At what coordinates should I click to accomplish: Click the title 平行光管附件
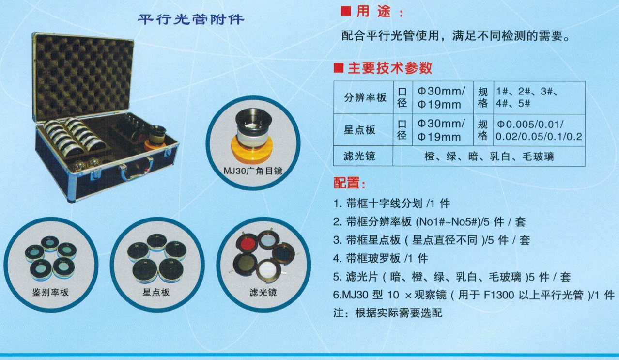[x=191, y=19]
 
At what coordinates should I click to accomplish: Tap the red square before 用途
[x=346, y=11]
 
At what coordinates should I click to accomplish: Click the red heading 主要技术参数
[x=390, y=68]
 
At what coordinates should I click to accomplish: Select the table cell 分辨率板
[x=365, y=97]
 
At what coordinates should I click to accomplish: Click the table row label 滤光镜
[x=359, y=156]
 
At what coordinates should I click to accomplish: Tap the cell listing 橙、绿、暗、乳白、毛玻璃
[x=489, y=157]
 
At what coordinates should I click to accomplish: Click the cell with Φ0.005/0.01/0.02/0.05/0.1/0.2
[x=539, y=130]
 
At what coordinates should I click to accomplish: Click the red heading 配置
[x=350, y=183]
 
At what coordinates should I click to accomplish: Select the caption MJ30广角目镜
[x=253, y=171]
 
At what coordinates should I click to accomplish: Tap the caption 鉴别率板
[x=50, y=292]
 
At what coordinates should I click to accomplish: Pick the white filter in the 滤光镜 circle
[x=268, y=270]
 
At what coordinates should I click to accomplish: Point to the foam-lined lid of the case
[x=83, y=78]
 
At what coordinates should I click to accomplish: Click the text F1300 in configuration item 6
[x=499, y=295]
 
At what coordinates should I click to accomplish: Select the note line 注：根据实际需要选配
[x=387, y=313]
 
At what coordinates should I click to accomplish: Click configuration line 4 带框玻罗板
[x=380, y=259]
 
